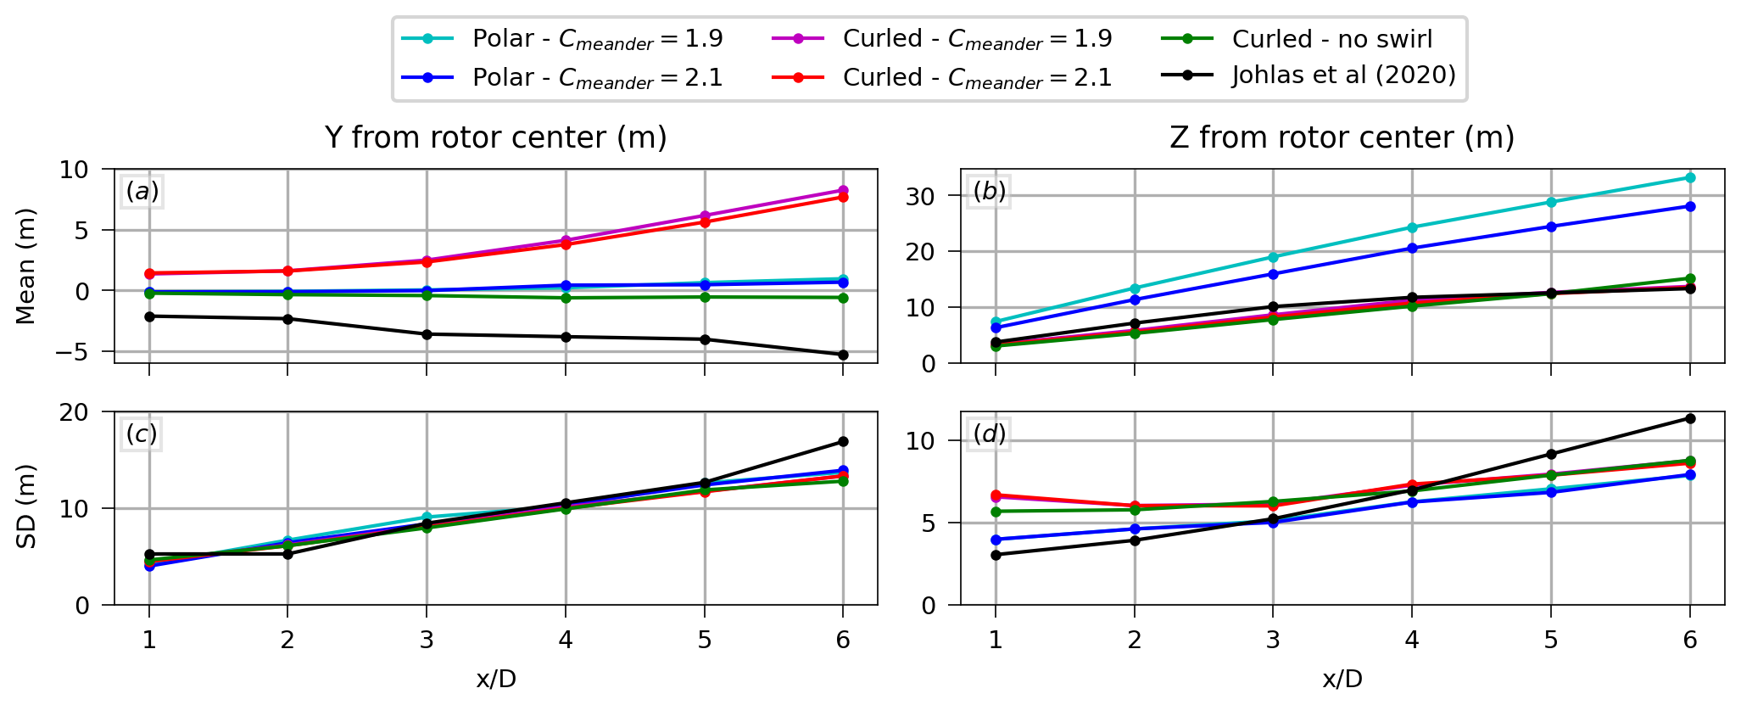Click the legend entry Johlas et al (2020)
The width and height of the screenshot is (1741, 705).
(1343, 76)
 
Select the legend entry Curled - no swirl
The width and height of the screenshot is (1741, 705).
(1331, 39)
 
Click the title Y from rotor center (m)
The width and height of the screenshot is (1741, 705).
(495, 137)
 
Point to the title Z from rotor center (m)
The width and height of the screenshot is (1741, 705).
(1342, 137)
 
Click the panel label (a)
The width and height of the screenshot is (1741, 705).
(142, 192)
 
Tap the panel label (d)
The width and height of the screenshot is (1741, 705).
(989, 434)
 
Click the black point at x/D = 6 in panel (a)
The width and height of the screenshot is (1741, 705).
(843, 355)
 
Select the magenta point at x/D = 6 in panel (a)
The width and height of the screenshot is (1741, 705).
(843, 190)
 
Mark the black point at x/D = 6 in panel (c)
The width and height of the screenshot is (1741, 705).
(843, 441)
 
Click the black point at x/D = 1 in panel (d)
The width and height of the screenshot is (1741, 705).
(996, 555)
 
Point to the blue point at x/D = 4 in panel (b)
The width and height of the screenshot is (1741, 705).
(1412, 249)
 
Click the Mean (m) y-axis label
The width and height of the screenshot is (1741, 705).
(26, 266)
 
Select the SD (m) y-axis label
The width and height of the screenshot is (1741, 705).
(26, 506)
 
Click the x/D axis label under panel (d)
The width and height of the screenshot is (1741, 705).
(1342, 679)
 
